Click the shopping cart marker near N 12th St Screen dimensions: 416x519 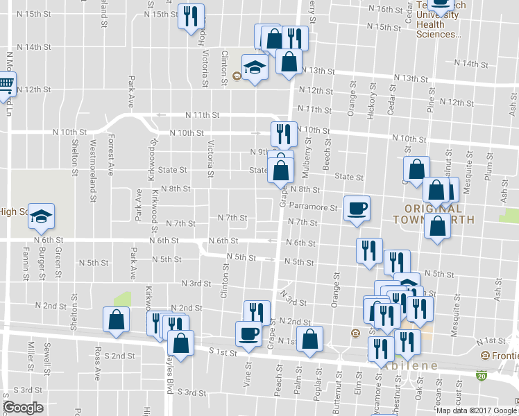6,85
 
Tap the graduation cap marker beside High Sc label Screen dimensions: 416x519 42,217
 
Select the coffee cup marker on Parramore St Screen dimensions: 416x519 357,208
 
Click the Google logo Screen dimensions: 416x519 23,408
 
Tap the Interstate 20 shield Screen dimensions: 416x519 482,375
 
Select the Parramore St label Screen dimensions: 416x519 313,207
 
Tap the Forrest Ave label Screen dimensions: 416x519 110,155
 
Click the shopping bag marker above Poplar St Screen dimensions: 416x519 309,339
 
